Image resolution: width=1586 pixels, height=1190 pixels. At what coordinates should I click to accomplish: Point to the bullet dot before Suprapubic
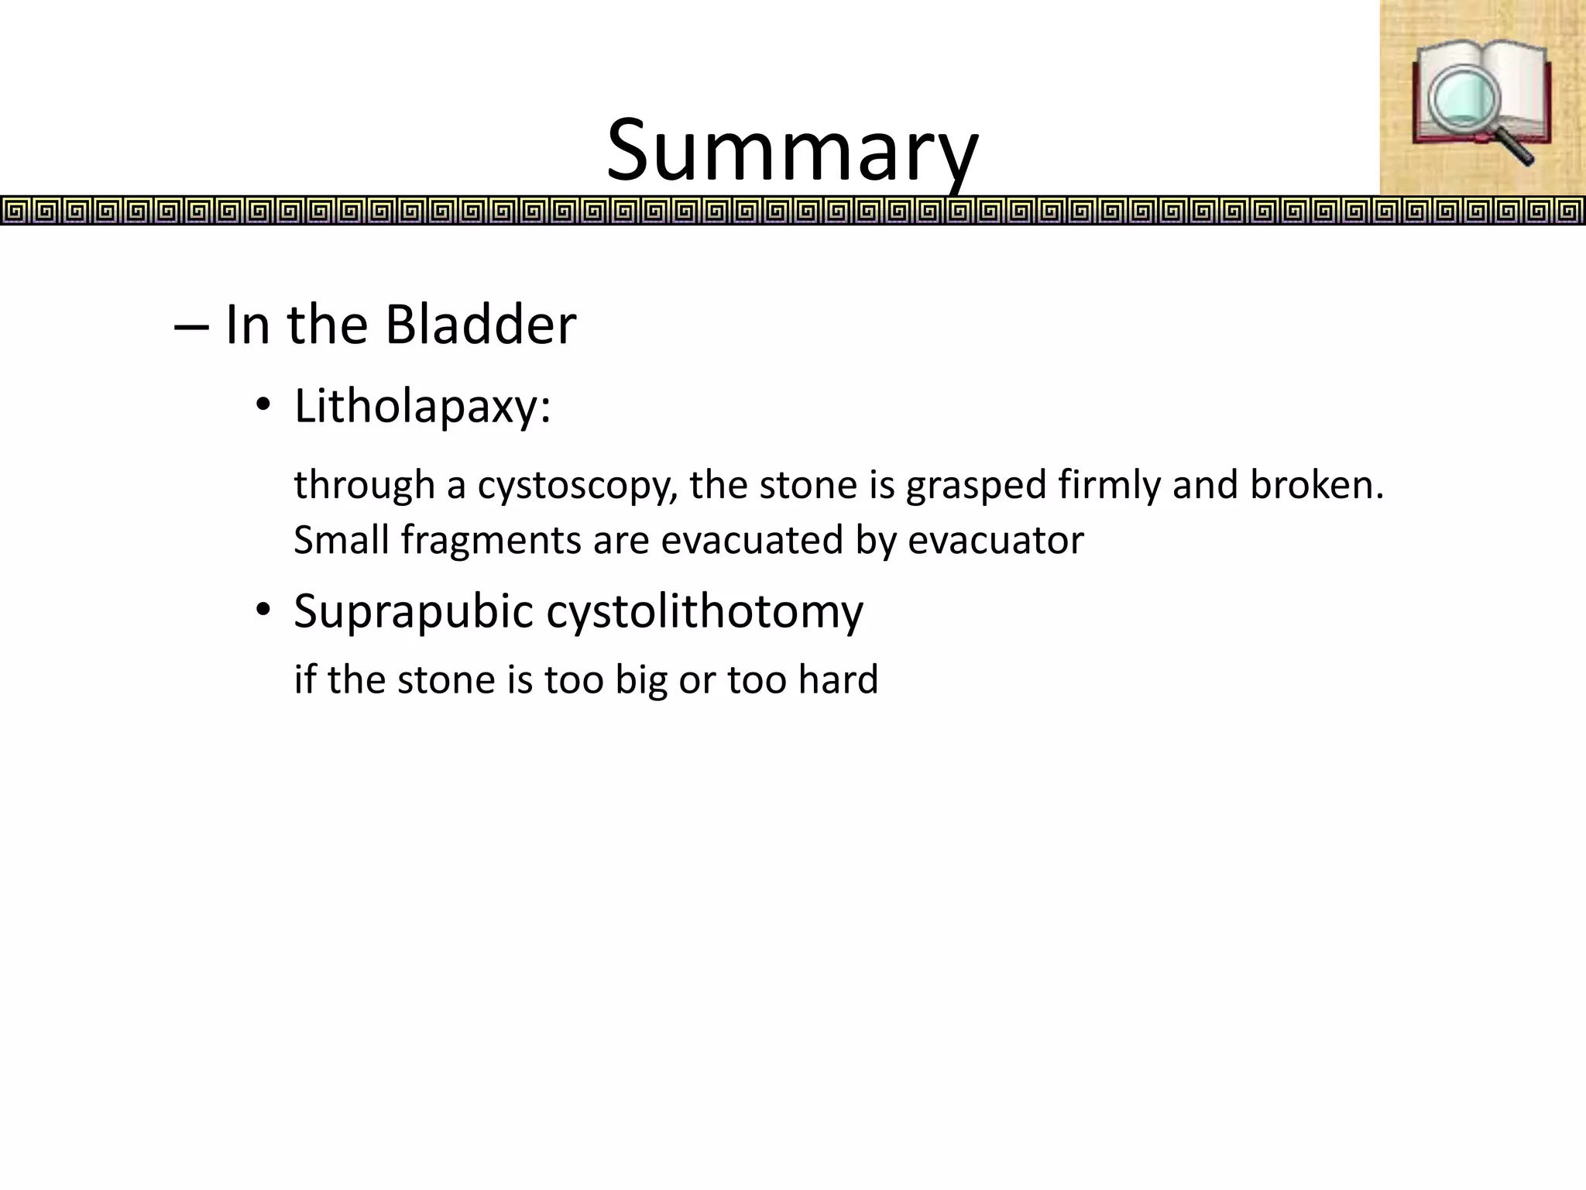tap(263, 610)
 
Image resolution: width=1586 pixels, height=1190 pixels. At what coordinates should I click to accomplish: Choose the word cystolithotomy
tap(705, 612)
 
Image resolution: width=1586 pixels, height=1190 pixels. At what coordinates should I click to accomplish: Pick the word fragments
tap(490, 541)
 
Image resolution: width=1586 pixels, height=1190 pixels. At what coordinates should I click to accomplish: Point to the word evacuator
tap(995, 541)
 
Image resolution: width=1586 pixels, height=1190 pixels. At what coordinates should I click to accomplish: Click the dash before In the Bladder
tap(191, 326)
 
